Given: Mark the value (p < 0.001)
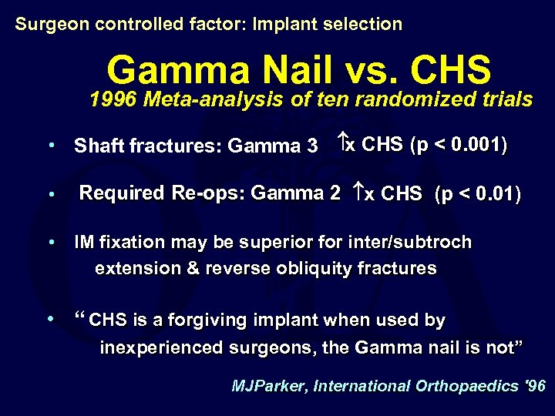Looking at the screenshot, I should coord(459,145).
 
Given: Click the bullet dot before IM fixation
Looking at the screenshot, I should coord(51,242).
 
